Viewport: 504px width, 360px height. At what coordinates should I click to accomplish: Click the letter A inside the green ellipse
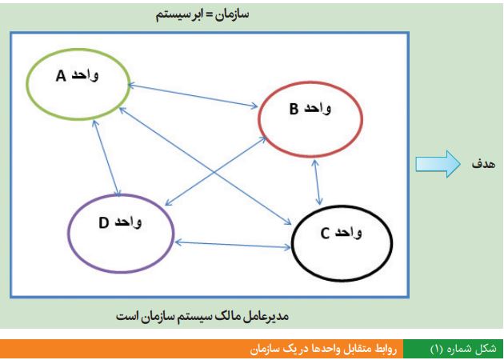(x=61, y=77)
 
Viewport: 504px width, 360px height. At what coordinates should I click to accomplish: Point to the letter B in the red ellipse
(x=294, y=110)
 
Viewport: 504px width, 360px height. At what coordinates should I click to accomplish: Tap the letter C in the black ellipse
(x=325, y=234)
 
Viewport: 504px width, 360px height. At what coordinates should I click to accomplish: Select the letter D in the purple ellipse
(x=103, y=223)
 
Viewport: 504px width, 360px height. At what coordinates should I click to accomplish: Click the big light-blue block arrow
(x=438, y=164)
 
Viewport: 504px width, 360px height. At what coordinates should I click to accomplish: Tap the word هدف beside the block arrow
(x=483, y=164)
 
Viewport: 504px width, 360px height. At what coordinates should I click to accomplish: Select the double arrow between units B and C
(x=318, y=182)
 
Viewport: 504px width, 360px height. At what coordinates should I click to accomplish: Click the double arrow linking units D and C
(x=233, y=245)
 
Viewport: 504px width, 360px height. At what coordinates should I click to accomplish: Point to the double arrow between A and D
(x=106, y=158)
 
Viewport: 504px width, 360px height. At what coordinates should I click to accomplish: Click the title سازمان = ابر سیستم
(x=202, y=15)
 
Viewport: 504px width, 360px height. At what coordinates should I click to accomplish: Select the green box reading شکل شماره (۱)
(x=454, y=349)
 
